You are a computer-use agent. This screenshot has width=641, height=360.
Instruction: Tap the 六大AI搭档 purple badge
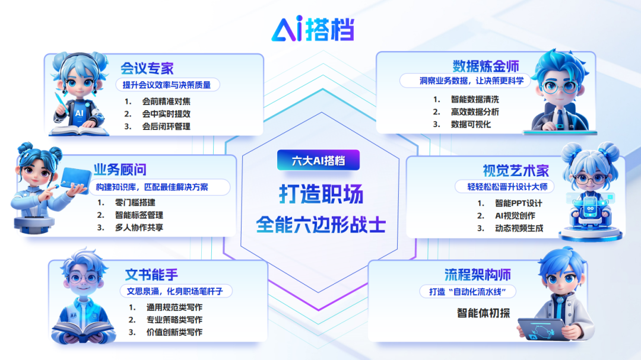318,160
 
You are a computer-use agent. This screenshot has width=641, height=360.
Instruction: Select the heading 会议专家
147,68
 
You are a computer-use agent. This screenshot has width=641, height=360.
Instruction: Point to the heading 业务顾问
120,170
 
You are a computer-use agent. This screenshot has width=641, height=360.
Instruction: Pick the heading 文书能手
151,275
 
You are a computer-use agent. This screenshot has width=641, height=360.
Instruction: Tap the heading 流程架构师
477,275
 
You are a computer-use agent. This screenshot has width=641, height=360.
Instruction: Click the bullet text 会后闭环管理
166,126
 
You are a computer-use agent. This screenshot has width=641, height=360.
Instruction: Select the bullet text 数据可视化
471,125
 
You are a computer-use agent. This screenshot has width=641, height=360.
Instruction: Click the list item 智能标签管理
139,215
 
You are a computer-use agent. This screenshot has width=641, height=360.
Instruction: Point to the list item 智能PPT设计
518,203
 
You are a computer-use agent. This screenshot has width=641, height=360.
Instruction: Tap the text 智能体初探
483,313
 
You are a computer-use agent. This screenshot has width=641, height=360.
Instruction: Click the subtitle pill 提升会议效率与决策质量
167,85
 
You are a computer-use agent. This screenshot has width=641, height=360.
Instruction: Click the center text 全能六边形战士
320,225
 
